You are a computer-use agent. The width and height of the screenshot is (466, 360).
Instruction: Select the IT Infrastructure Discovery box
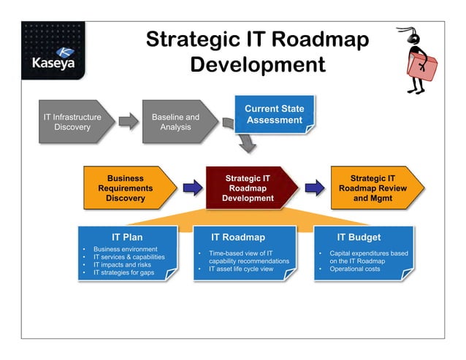[72, 122]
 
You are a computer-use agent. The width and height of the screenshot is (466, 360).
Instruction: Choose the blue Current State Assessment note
[274, 115]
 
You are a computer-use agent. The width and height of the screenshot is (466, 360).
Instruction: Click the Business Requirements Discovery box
[126, 188]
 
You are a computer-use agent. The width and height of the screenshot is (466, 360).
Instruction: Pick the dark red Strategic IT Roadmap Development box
[248, 188]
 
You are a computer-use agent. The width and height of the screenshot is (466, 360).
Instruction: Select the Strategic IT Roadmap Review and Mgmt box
[373, 188]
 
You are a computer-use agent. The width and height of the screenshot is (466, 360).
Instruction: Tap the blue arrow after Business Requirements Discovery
[193, 188]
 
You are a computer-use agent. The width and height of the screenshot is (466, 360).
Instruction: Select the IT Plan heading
[127, 237]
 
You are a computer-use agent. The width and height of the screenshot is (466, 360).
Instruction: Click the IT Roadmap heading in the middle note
[238, 237]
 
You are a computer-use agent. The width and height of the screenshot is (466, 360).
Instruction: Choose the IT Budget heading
[359, 237]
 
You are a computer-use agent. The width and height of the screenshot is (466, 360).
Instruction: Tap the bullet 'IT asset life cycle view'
[241, 269]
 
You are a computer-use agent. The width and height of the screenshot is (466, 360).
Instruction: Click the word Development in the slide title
[257, 64]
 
